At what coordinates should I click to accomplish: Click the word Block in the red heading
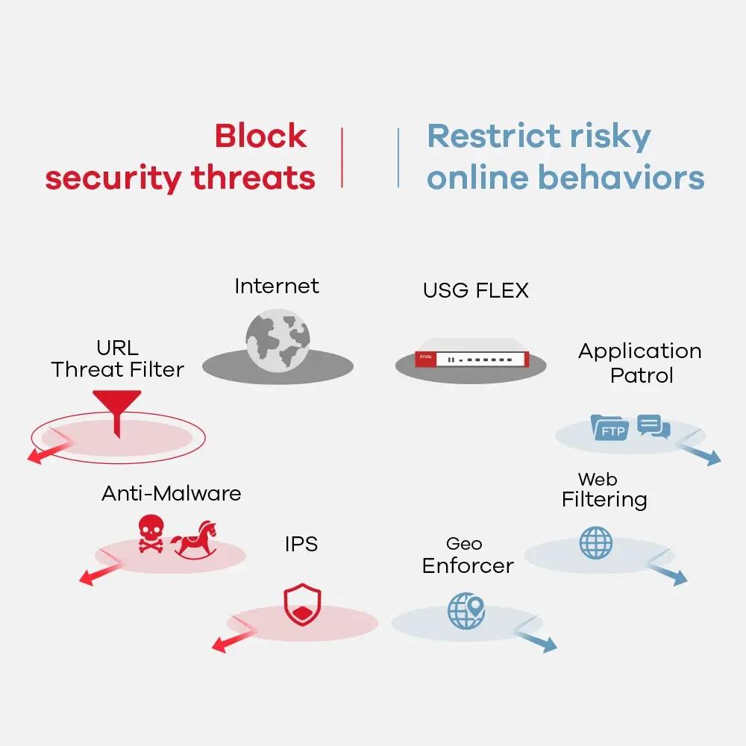point(260,136)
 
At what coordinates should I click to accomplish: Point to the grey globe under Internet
point(278,341)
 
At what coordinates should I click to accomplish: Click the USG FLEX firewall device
point(470,359)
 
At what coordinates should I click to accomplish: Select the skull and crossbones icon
point(151,534)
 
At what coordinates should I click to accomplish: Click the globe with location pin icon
point(466,609)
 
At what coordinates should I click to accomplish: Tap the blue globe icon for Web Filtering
point(595,542)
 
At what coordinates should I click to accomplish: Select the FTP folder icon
point(610,427)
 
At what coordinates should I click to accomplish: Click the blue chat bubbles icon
point(654,427)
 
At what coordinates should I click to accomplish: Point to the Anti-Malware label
point(171,493)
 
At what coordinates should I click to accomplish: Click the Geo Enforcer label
point(468,556)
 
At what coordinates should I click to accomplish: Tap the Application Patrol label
point(640,363)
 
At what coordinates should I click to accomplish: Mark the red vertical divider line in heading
point(342,157)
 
